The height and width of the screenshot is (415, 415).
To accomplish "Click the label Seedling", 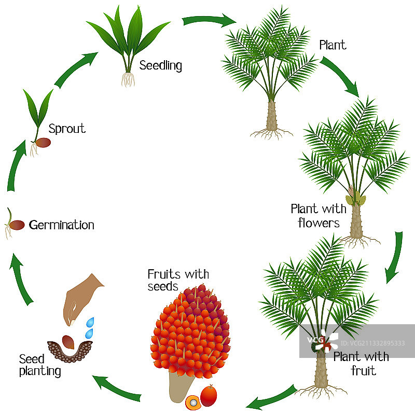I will point(161,66).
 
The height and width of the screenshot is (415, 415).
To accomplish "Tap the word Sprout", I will point(67,128).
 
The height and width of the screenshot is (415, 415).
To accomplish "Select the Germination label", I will point(62,225).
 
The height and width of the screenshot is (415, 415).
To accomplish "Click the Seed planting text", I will point(39,365).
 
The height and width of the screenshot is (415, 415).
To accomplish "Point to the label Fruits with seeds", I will point(177,280).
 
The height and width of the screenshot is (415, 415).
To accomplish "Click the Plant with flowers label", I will point(318,216).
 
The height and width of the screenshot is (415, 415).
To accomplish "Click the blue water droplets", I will point(91,327).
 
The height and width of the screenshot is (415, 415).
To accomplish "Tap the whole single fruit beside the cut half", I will point(209,396).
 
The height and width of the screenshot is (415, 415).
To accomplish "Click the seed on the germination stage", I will point(17,225).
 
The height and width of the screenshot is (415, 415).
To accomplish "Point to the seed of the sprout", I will point(43,142).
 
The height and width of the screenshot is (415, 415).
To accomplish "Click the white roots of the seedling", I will point(128,79).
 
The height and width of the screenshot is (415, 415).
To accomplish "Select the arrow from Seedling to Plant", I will point(209,21).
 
